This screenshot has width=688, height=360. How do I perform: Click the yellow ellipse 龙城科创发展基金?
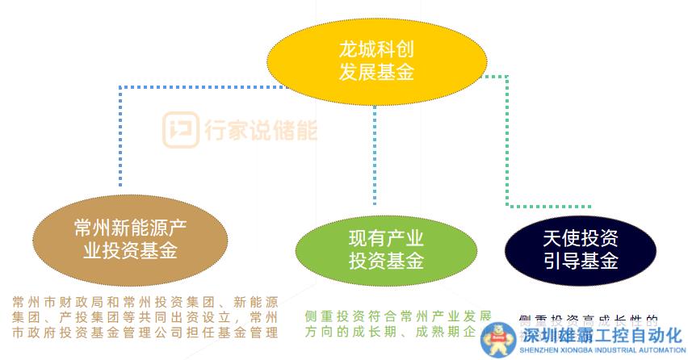tap(376, 61)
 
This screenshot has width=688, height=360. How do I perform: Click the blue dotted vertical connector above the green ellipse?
tap(374, 153)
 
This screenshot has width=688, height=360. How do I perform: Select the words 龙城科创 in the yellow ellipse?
tap(376, 49)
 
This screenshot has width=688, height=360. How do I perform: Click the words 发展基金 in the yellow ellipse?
tap(376, 73)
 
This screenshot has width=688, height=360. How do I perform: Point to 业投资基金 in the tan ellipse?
tap(130, 251)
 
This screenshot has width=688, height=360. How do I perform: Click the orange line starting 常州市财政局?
tap(145, 302)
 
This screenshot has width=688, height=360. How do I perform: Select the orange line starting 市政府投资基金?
tap(145, 332)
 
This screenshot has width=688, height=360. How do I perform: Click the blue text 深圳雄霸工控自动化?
tap(602, 336)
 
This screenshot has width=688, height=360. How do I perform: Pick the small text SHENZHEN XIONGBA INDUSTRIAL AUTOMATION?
tap(602, 350)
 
